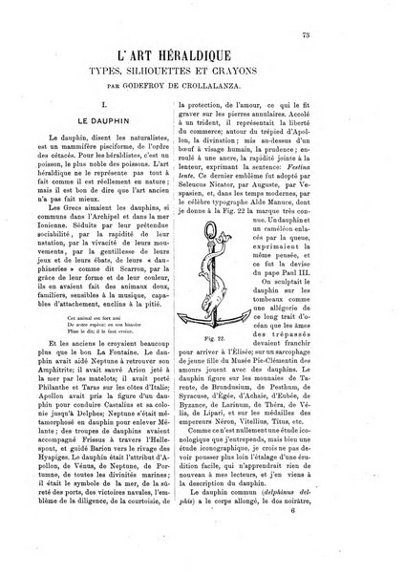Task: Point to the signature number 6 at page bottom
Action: point(361,539)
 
